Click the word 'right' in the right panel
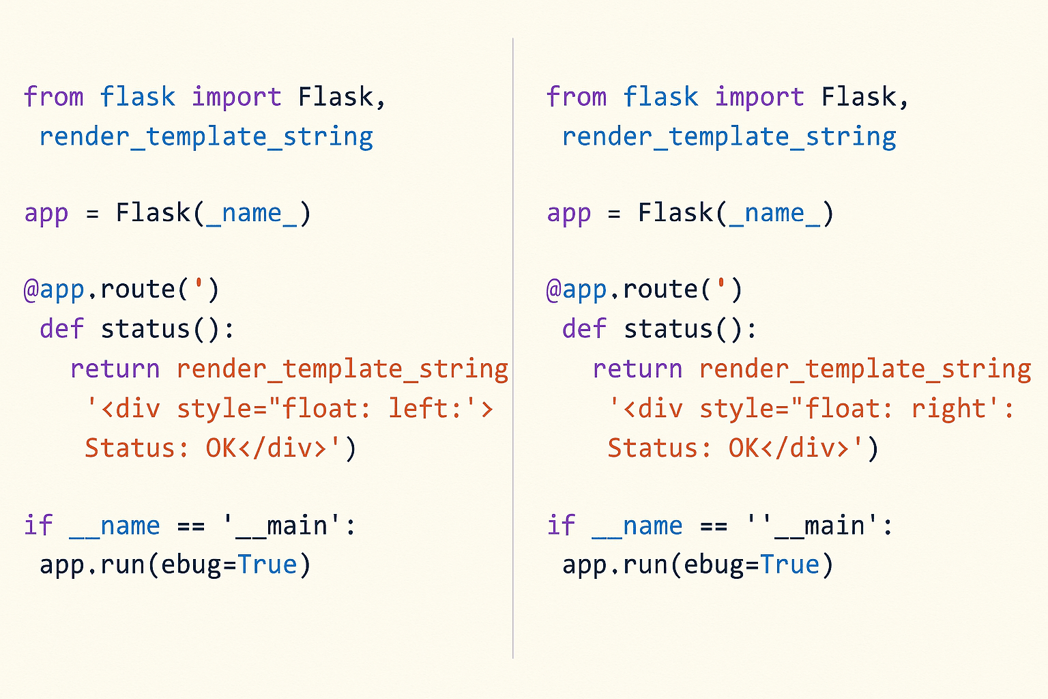(x=948, y=409)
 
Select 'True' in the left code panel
(x=267, y=564)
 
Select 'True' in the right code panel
(x=789, y=564)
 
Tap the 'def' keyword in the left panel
(x=61, y=328)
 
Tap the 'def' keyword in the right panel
(x=584, y=328)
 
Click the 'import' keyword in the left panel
(x=237, y=98)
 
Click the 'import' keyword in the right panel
(x=759, y=98)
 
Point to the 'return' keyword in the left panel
(x=115, y=369)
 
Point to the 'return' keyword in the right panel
(x=637, y=369)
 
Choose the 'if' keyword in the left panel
(x=38, y=525)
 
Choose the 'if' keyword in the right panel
(x=560, y=525)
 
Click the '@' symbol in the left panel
(x=31, y=290)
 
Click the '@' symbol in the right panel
(x=554, y=290)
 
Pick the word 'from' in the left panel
(x=54, y=96)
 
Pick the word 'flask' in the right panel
(x=660, y=96)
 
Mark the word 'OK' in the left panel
(x=221, y=448)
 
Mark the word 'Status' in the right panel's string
(x=654, y=448)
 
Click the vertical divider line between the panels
(x=513, y=348)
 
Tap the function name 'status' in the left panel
(x=145, y=328)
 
